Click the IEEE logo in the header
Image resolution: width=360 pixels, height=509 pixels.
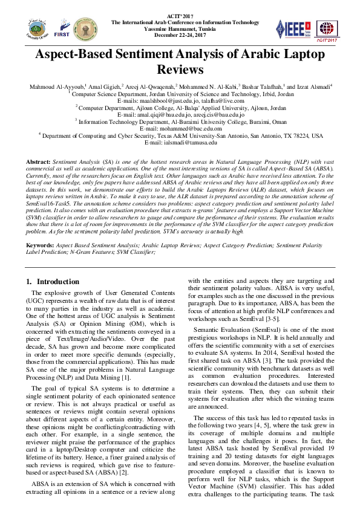pos(292,27)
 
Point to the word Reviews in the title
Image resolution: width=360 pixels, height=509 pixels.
pos(180,70)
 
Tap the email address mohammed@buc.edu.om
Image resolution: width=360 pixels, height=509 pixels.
pos(180,129)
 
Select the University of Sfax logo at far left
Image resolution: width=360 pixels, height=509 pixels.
pos(36,28)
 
